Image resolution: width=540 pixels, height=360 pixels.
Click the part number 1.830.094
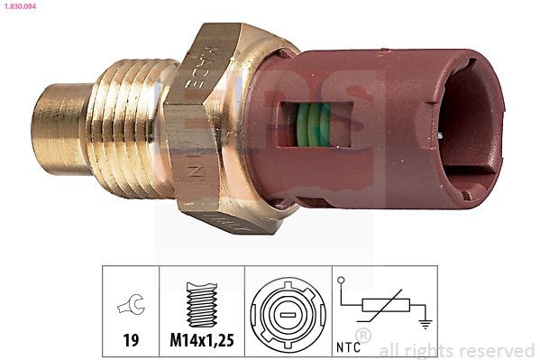click(x=20, y=6)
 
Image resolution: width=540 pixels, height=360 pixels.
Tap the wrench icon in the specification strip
click(x=130, y=309)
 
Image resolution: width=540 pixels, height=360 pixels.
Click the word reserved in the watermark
click(x=498, y=350)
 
